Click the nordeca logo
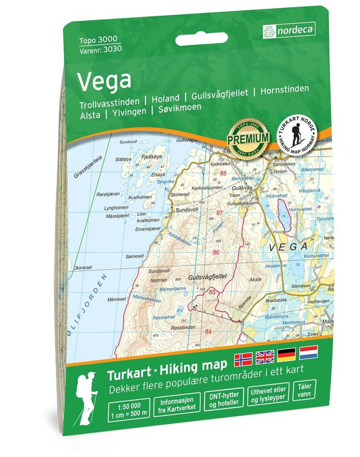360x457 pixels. [289, 30]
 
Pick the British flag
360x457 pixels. [265, 357]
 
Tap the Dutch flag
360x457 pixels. [308, 352]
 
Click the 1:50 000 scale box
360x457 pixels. [127, 404]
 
